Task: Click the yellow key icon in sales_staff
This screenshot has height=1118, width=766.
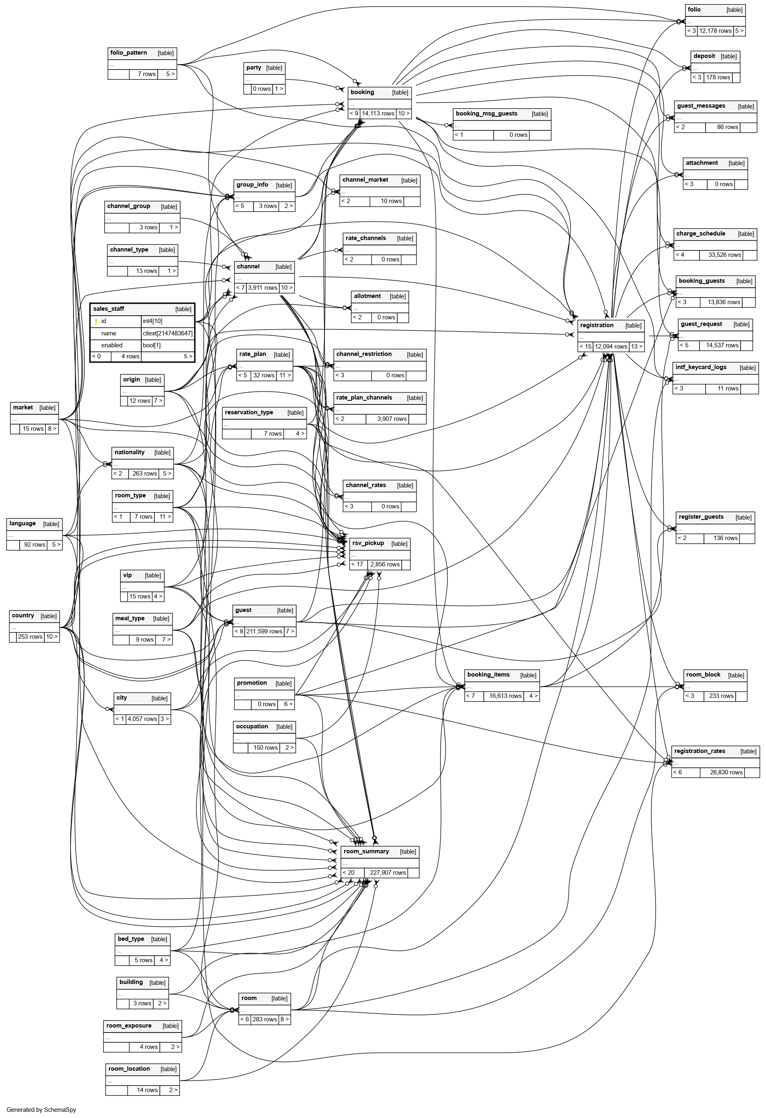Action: coord(96,321)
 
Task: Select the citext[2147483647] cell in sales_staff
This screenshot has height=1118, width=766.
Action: coord(167,333)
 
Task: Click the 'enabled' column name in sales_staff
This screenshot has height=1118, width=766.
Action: coord(112,345)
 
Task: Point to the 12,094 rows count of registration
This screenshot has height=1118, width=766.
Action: coord(611,346)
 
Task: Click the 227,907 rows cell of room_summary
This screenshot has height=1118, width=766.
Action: coord(388,873)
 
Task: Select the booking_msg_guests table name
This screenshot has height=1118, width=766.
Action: coord(486,113)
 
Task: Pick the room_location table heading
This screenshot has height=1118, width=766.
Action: coord(129,1069)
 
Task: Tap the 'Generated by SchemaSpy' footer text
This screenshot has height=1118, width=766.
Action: coord(41,1110)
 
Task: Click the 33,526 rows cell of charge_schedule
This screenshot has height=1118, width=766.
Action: coord(724,255)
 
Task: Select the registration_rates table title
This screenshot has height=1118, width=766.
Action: coord(699,751)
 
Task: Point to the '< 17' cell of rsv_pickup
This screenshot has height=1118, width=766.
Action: coord(357,564)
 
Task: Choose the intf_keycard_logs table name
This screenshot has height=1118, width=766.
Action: coord(701,367)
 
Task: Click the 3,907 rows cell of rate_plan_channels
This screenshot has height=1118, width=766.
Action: coord(391,418)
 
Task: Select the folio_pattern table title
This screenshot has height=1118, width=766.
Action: coord(129,53)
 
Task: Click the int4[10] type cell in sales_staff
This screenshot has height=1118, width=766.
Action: coord(152,321)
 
